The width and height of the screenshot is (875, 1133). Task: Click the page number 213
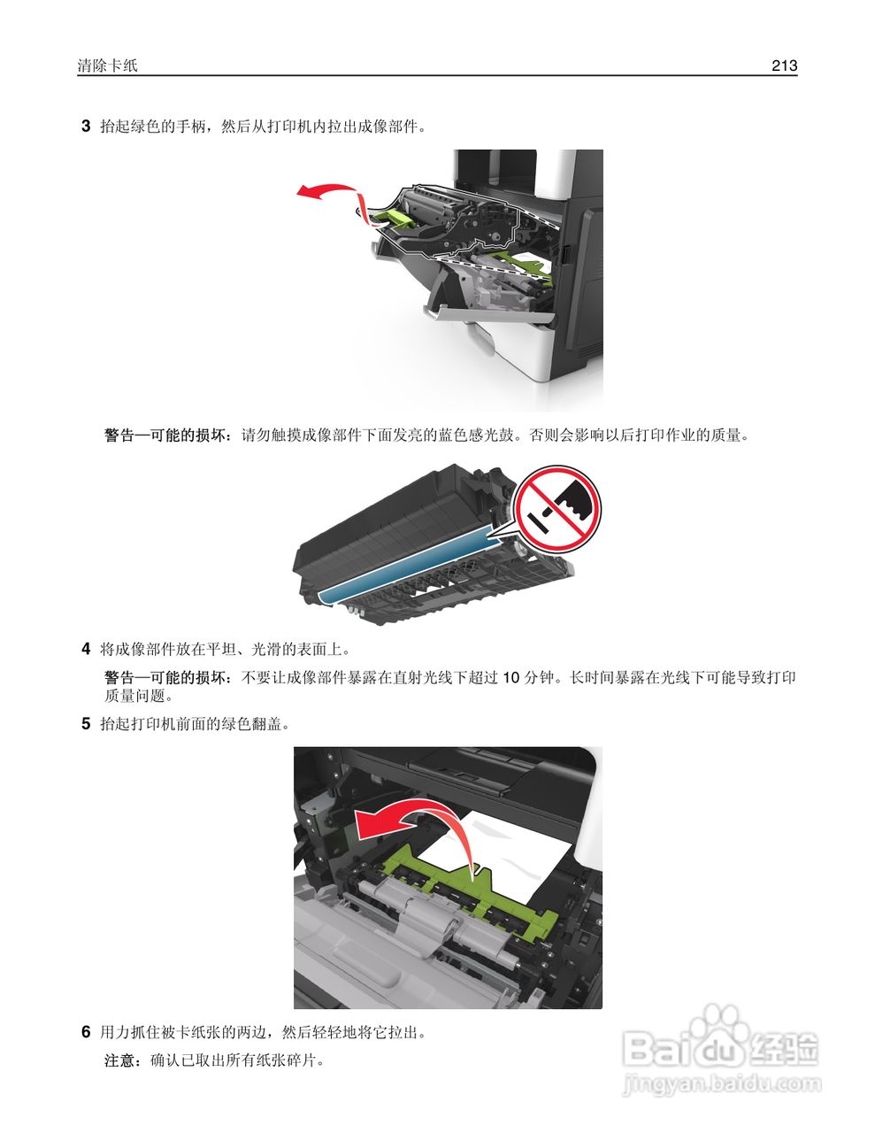[784, 66]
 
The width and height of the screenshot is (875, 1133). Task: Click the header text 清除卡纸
[108, 66]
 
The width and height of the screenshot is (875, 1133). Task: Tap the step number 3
[86, 126]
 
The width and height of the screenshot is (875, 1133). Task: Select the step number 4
[86, 649]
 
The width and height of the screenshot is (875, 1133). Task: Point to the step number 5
[86, 723]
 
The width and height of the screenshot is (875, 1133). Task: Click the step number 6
[86, 1031]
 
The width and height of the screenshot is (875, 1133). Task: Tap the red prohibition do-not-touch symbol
[558, 509]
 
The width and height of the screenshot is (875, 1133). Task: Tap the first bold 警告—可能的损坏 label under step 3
[167, 435]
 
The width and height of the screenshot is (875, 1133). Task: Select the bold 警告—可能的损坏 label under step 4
[167, 677]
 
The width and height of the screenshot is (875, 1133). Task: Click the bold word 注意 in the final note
[119, 1060]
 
